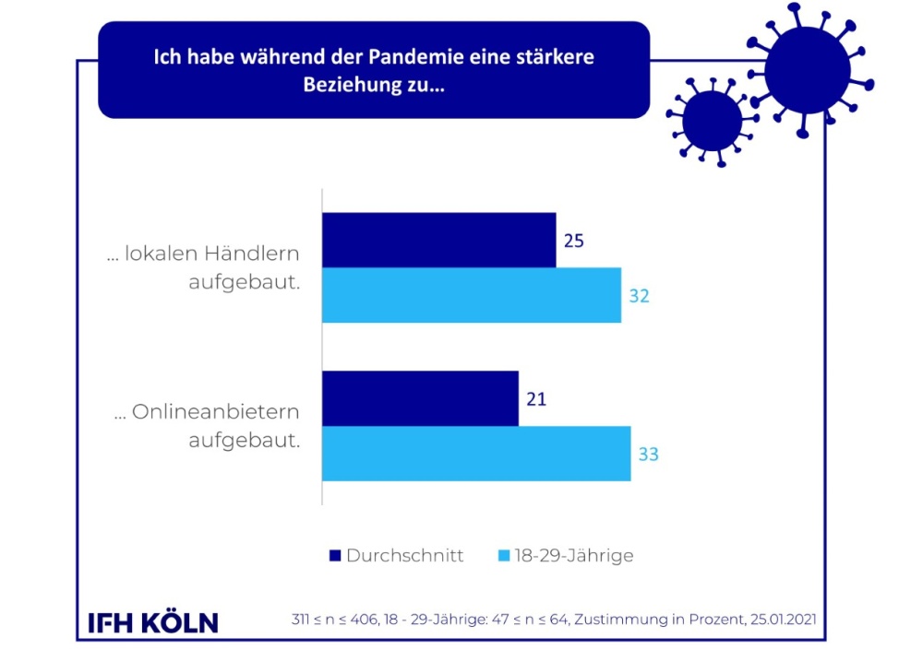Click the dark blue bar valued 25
tap(438, 240)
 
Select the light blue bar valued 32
tap(472, 295)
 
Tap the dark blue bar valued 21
tap(420, 398)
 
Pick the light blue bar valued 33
tap(476, 454)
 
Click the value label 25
tap(575, 241)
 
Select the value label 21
tap(537, 399)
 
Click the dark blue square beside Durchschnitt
tap(335, 556)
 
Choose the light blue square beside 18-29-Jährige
tap(504, 556)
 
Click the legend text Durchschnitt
tap(404, 556)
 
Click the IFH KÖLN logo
tap(152, 622)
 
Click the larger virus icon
tap(807, 69)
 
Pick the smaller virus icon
tap(712, 121)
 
